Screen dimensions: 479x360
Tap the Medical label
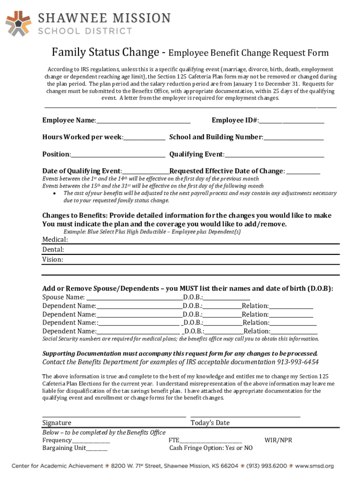55,239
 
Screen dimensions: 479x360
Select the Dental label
53,250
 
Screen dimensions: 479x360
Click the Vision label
53,260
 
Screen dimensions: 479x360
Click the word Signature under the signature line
57,423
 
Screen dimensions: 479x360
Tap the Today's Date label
210,423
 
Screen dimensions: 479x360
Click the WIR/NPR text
278,441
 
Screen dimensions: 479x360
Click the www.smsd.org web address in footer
315,466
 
